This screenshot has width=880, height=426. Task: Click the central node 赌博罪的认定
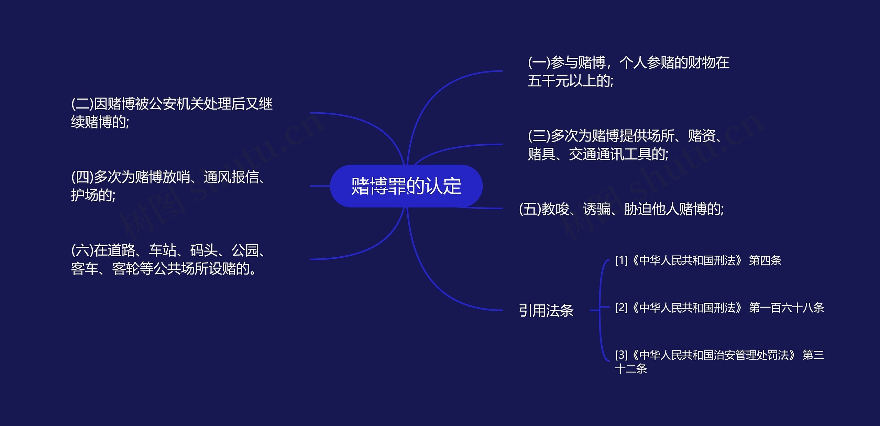point(406,186)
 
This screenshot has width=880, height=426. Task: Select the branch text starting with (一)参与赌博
point(628,71)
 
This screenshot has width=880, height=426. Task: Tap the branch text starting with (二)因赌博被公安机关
point(172,113)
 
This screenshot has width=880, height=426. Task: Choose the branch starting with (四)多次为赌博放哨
point(168,186)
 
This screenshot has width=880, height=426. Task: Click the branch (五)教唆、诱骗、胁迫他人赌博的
point(621,209)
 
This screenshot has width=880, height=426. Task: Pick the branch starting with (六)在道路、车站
point(168,259)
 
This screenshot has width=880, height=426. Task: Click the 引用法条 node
point(546,310)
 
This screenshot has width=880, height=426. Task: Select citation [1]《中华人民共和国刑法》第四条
point(698,260)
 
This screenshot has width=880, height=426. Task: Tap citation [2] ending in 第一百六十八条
point(719,307)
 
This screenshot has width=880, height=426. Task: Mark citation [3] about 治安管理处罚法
point(719,361)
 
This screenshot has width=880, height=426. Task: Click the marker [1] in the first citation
point(621,260)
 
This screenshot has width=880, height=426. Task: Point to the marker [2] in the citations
point(621,307)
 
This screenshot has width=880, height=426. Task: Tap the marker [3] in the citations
point(621,355)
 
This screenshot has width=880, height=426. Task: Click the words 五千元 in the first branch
point(548,81)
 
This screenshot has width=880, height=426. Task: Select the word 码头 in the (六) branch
point(203,250)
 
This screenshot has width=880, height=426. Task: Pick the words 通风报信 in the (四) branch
point(231,177)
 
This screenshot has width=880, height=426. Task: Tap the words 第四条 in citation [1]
point(765,260)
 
